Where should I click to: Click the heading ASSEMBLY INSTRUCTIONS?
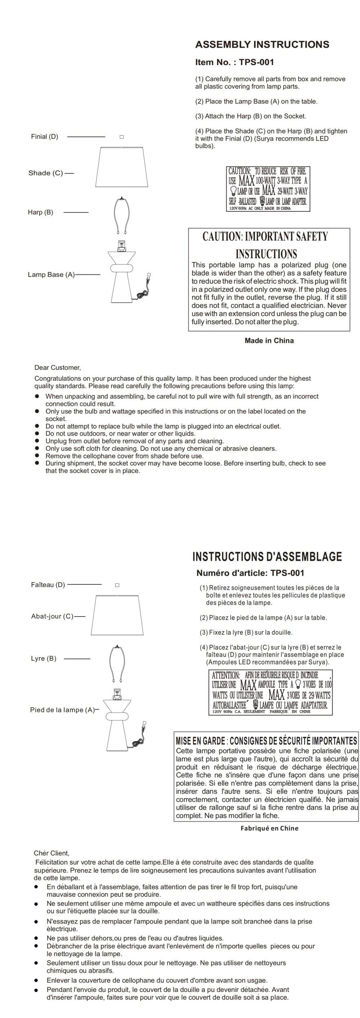click(262, 45)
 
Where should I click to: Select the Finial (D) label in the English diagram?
click(44, 136)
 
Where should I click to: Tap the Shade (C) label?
click(46, 173)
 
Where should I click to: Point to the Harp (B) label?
click(40, 212)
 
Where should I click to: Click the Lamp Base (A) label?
click(51, 274)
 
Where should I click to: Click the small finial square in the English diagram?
click(121, 137)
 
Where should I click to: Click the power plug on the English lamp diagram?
click(149, 277)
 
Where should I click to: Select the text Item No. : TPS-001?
click(235, 62)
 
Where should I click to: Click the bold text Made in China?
click(269, 340)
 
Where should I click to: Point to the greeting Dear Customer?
click(57, 368)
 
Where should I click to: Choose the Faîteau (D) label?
click(48, 585)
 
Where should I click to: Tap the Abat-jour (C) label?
click(52, 616)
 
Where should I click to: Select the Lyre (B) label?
click(44, 658)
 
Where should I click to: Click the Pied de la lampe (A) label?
click(62, 710)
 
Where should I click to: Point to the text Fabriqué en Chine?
click(269, 828)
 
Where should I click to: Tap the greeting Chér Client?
click(51, 853)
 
